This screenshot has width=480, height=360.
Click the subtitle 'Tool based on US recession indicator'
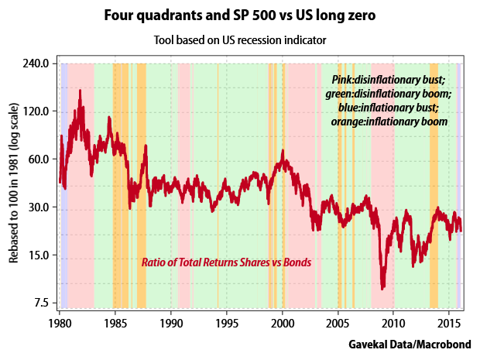pos(239,39)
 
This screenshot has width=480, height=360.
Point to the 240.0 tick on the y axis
pos(36,63)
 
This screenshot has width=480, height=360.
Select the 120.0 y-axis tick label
pos(36,111)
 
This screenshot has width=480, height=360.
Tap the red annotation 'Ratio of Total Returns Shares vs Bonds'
pos(226,262)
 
